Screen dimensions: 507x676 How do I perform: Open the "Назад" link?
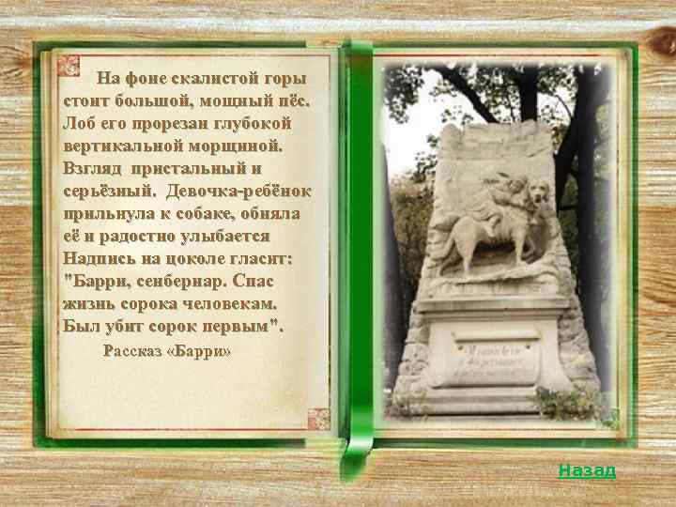[587, 470]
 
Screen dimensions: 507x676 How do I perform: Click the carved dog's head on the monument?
[537, 196]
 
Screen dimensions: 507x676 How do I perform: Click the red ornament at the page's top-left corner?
[69, 66]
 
